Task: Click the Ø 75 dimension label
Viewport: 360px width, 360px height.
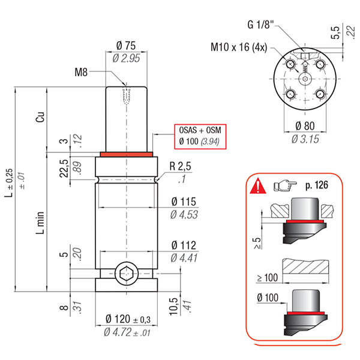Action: [126, 46]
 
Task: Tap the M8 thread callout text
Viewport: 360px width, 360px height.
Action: [81, 73]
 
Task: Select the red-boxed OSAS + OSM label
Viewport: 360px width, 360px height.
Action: [200, 130]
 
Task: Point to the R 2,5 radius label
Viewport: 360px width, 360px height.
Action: [180, 166]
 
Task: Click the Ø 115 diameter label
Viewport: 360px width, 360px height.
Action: [184, 202]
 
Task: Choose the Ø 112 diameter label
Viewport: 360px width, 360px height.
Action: [184, 245]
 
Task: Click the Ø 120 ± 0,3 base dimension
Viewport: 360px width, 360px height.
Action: [128, 319]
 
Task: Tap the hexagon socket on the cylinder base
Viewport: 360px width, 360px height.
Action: [127, 274]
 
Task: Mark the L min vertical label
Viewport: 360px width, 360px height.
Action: [40, 223]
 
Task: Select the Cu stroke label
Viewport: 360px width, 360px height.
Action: [40, 117]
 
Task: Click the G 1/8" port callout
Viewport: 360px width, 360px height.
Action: [261, 25]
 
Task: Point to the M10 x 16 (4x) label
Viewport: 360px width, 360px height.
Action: [239, 47]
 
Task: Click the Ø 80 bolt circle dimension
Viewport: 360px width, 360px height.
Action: [305, 126]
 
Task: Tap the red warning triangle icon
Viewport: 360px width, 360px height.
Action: [258, 185]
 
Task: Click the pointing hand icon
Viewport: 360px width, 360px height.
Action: [285, 185]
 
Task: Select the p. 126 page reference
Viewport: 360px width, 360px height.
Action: [317, 185]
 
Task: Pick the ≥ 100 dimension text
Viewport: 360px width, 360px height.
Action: [268, 278]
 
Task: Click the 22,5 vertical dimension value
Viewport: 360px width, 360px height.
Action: [64, 168]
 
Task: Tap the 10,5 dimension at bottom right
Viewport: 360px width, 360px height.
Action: [173, 306]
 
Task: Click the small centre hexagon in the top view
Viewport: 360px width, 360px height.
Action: [305, 79]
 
